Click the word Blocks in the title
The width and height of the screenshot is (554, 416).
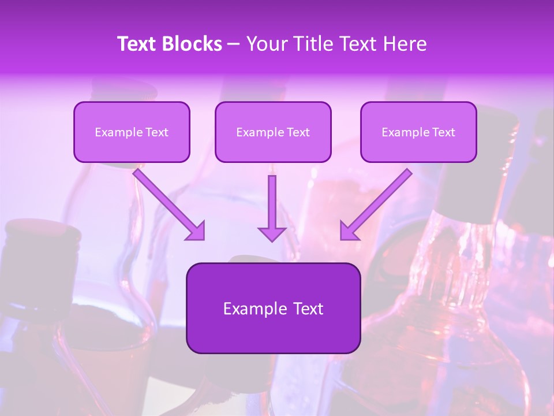pyautogui.click(x=193, y=44)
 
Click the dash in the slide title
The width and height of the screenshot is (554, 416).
pyautogui.click(x=234, y=44)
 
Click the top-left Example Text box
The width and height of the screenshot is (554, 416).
pyautogui.click(x=132, y=132)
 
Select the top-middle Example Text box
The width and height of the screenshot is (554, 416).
pyautogui.click(x=273, y=132)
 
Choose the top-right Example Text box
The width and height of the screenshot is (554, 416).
pyautogui.click(x=418, y=132)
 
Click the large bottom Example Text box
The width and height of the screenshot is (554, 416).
pyautogui.click(x=273, y=308)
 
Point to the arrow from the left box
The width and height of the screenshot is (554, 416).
pyautogui.click(x=167, y=202)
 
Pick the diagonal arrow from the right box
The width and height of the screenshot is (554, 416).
pyautogui.click(x=378, y=202)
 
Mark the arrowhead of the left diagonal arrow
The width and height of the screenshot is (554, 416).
pyautogui.click(x=196, y=231)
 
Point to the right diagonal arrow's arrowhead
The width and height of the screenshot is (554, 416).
pyautogui.click(x=348, y=231)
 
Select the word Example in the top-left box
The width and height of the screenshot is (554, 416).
pyautogui.click(x=116, y=132)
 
